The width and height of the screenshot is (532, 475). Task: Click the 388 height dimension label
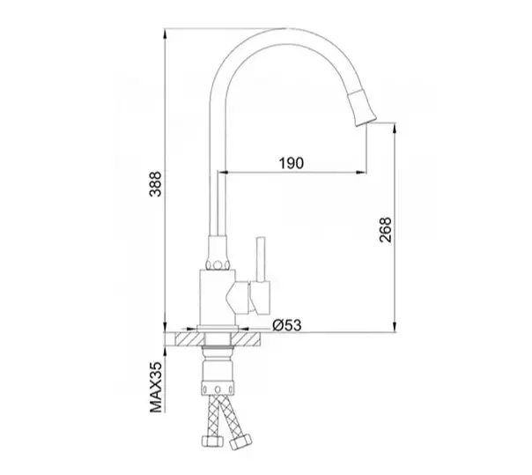156,184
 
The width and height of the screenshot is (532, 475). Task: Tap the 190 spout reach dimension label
292,163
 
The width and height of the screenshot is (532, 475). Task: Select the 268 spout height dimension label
386,230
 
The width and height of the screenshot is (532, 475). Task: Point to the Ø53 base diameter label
287,325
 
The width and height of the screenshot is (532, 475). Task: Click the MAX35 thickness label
156,388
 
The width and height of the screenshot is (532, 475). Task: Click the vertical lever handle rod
261,259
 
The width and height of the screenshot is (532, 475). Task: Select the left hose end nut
212,441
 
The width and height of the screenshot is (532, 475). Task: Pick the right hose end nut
240,442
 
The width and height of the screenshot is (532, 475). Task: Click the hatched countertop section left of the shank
188,339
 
